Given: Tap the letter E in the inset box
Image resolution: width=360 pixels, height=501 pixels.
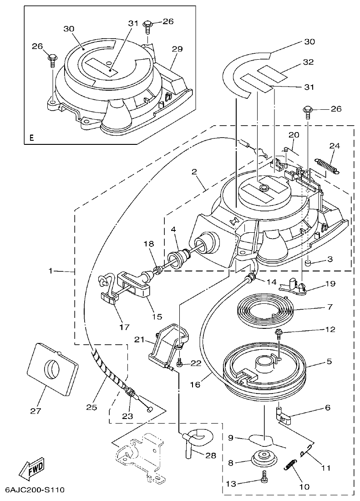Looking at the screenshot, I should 31,137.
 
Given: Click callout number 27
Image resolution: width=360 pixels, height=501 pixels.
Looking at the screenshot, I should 35,410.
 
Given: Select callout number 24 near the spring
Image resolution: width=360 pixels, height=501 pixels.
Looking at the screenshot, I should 335,146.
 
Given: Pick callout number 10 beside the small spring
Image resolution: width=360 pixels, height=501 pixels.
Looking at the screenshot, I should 304,486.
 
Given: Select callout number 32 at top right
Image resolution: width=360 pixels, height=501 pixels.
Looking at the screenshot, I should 309,63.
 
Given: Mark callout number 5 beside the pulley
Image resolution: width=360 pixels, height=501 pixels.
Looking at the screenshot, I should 329,362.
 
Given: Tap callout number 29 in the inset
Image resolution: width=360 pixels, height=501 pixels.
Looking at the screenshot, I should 177,48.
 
